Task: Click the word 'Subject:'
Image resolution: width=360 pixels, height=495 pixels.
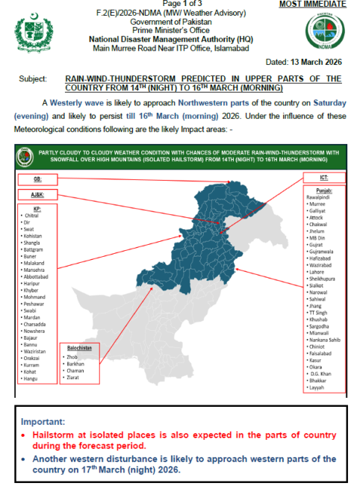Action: pyautogui.click(x=31, y=78)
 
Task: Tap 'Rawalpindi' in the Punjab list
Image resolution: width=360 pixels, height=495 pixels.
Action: pyautogui.click(x=323, y=198)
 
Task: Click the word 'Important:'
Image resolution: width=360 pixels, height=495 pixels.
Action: pyautogui.click(x=47, y=421)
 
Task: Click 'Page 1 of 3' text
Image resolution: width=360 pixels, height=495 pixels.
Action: pyautogui.click(x=181, y=4)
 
